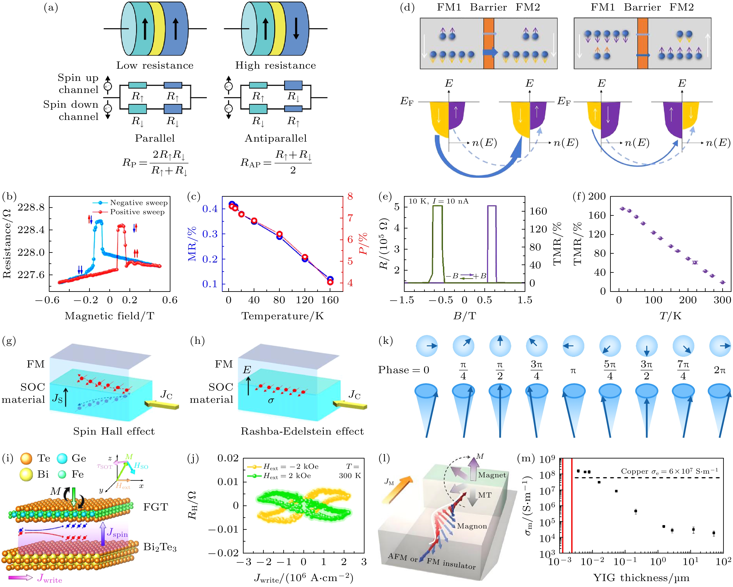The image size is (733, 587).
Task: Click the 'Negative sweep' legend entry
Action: (138, 203)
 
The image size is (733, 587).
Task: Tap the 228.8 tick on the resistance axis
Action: (31, 207)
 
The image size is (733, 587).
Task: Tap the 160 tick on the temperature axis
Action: (330, 300)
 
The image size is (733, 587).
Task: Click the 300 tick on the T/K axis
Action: (722, 300)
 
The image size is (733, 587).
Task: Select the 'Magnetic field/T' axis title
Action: (110, 316)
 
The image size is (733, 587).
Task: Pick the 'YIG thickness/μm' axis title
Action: (641, 578)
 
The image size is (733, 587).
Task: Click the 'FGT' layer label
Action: (155, 507)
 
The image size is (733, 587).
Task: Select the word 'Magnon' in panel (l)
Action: (472, 526)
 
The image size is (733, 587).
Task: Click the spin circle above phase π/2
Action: (500, 345)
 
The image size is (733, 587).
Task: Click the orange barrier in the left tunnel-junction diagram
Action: (489, 43)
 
